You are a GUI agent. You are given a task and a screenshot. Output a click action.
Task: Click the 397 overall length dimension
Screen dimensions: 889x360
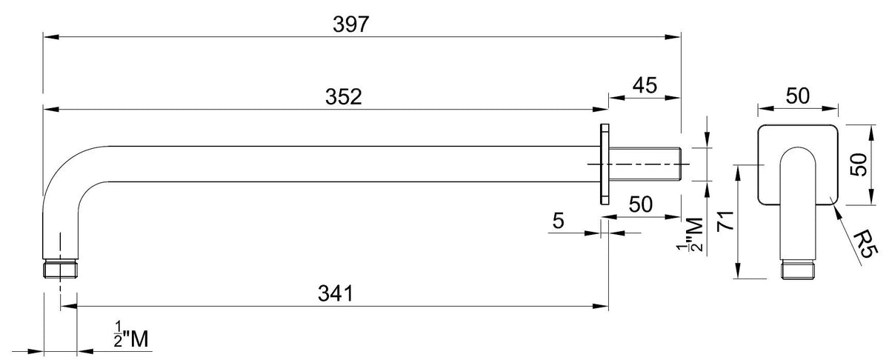pyautogui.click(x=351, y=24)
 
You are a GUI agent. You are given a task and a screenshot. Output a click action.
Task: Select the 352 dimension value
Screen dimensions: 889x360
pyautogui.click(x=344, y=97)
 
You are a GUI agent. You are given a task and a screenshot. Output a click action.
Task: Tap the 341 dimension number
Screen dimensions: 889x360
pyautogui.click(x=336, y=294)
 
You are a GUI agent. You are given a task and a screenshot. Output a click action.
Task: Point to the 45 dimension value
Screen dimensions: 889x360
pyautogui.click(x=645, y=85)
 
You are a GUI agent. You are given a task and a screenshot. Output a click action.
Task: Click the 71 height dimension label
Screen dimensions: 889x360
pyautogui.click(x=725, y=221)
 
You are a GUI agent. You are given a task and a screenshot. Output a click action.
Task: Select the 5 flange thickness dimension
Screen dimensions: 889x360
pyautogui.click(x=559, y=221)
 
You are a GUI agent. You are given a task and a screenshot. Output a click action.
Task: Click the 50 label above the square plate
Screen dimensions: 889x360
pyautogui.click(x=798, y=96)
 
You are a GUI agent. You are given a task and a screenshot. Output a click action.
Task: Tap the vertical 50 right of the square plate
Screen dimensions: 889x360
pyautogui.click(x=858, y=164)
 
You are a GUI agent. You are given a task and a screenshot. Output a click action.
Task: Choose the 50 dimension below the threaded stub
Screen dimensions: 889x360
pyautogui.click(x=641, y=204)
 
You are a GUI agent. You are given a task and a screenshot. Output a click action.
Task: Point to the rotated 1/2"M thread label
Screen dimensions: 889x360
pyautogui.click(x=690, y=235)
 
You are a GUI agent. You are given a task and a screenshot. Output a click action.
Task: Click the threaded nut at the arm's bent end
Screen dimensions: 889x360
pyautogui.click(x=60, y=268)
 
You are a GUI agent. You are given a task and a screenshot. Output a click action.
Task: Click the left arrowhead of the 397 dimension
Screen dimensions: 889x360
pyautogui.click(x=51, y=37)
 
